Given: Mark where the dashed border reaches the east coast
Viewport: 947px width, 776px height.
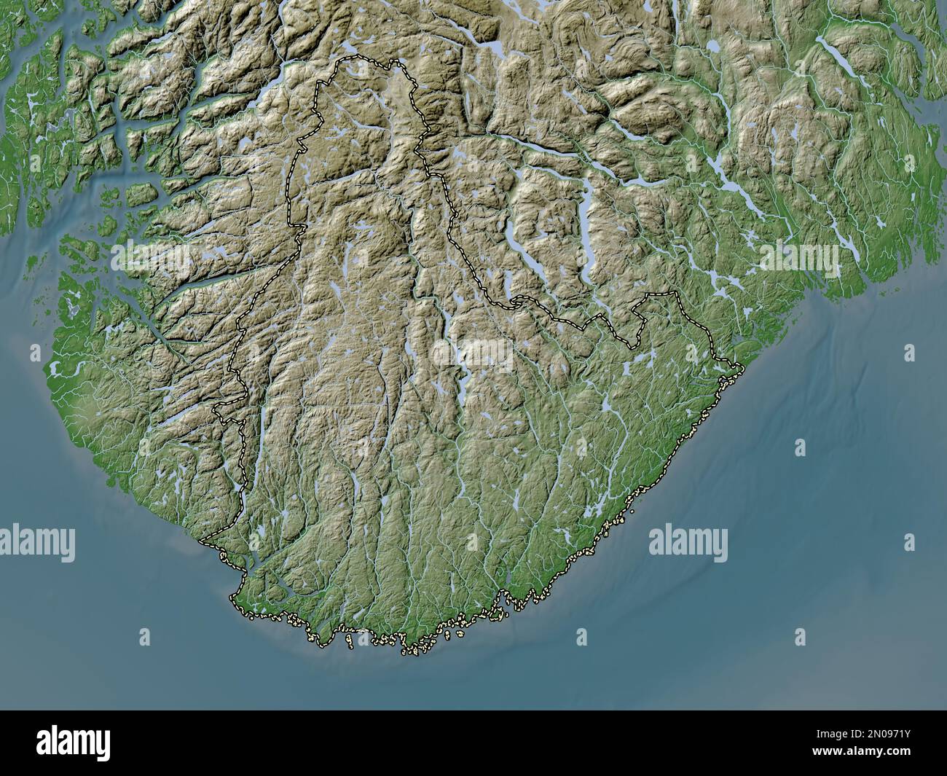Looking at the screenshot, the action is click(x=740, y=364).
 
